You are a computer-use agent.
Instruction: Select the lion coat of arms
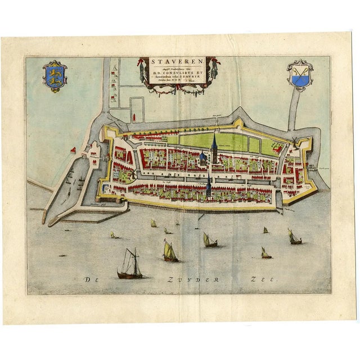pyautogui.click(x=55, y=76)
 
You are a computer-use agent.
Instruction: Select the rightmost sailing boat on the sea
pyautogui.click(x=294, y=237)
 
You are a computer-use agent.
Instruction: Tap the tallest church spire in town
pyautogui.click(x=214, y=145)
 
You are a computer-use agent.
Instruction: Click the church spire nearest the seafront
pyautogui.click(x=209, y=186)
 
